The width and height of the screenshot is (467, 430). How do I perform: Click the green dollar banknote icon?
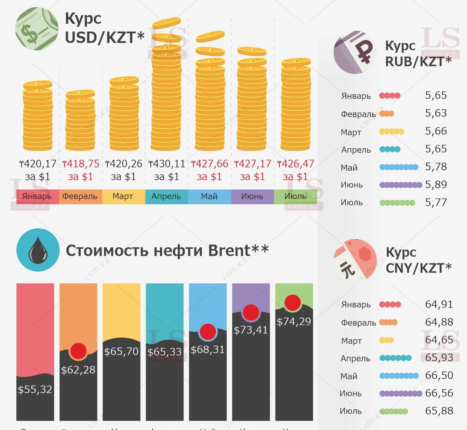[37, 29]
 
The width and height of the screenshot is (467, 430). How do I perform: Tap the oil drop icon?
[38, 250]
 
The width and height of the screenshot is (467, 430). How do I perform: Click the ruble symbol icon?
[355, 52]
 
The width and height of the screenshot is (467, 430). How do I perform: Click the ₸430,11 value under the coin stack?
[167, 164]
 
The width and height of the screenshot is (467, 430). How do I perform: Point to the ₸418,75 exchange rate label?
[81, 164]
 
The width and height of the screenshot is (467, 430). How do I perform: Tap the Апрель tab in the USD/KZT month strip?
[166, 196]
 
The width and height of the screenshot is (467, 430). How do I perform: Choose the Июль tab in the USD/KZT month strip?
[295, 196]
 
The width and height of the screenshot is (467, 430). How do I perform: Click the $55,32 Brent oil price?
[35, 390]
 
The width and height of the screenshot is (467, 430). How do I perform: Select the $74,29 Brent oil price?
[294, 322]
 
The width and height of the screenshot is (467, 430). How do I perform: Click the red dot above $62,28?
[78, 351]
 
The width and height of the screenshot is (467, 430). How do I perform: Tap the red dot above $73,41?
[251, 312]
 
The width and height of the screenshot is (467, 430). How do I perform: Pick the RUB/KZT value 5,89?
[436, 184]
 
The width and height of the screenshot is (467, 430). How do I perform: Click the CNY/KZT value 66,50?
[439, 376]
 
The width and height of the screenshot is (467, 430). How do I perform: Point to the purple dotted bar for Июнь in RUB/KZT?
[401, 185]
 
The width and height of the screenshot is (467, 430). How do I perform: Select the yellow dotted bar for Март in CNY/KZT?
[386, 340]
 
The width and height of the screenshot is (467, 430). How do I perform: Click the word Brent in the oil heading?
[229, 250]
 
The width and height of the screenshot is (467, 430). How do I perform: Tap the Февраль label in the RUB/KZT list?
[358, 114]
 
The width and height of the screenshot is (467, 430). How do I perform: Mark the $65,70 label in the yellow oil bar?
[121, 351]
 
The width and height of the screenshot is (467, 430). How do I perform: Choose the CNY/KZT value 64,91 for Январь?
[439, 304]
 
